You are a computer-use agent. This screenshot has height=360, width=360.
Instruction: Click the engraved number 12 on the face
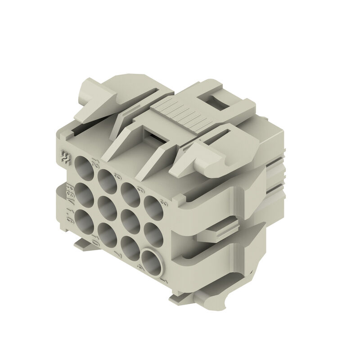click(x=94, y=162)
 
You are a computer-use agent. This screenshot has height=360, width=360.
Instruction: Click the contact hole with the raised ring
click(x=151, y=262)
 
